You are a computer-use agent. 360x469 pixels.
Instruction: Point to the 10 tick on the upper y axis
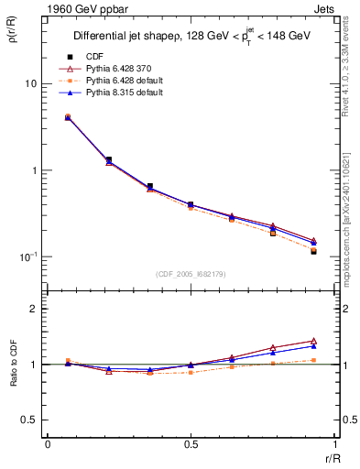point(29,84)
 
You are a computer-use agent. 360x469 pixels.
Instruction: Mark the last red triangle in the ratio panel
point(313,341)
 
